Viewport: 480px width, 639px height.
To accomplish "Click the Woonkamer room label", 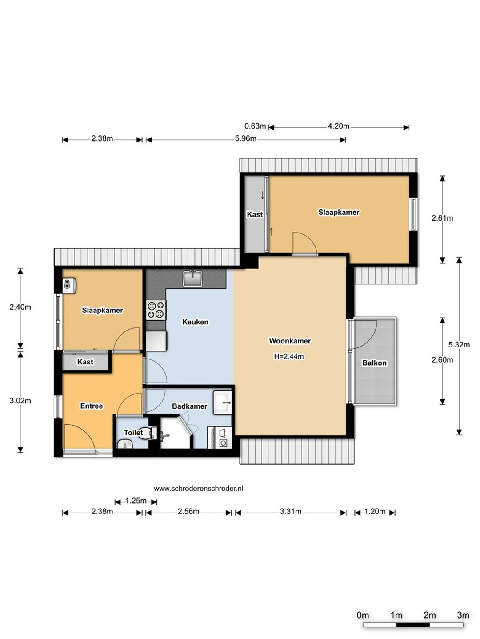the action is pos(290,341).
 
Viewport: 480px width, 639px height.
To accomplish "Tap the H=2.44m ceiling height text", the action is pos(288,356).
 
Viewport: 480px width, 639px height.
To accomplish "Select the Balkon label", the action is pos(374,363).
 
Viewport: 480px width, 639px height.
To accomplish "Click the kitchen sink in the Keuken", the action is pos(192,278).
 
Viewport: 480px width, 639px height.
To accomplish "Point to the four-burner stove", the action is pos(156,310).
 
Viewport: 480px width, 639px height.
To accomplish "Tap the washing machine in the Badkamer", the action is pos(220,438).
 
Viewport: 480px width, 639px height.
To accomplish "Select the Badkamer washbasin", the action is pos(222,402).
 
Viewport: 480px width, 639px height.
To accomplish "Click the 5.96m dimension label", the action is pos(245,138).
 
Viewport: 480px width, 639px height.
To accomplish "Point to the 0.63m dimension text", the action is pos(255,126).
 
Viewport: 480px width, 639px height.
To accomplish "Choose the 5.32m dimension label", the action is pos(459,345).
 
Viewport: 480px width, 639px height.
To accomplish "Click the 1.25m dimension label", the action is pos(136,501).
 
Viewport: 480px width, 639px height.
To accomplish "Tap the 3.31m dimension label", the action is pos(291,512).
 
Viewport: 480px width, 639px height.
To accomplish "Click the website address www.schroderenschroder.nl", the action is pos(199,489).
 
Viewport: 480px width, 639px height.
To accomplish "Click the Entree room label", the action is pos(92,406).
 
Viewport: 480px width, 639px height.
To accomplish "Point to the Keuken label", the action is pos(195,322).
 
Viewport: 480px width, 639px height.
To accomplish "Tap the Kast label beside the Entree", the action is pos(85,362).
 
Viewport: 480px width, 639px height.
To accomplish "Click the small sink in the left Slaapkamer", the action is pos(69,285).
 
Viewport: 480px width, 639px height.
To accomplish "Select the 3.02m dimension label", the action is pos(20,401).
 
